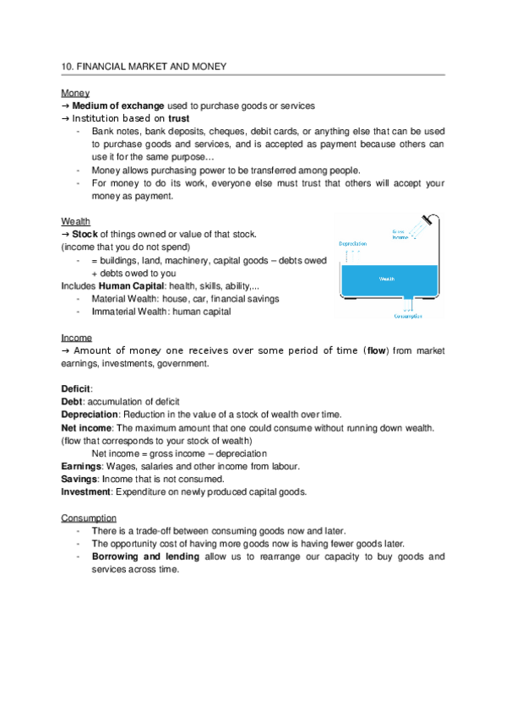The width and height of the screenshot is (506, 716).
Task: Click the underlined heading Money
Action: pyautogui.click(x=75, y=92)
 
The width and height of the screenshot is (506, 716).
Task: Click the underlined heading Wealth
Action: pyautogui.click(x=76, y=221)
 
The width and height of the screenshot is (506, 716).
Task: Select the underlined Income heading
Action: pyautogui.click(x=77, y=337)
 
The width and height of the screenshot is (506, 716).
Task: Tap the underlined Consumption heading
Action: pyautogui.click(x=89, y=517)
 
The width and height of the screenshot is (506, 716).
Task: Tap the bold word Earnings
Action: pyautogui.click(x=81, y=466)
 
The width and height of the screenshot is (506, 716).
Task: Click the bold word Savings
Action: pyautogui.click(x=79, y=479)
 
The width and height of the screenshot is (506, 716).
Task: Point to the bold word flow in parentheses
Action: pyautogui.click(x=376, y=350)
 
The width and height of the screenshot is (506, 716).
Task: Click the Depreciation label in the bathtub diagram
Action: pyautogui.click(x=352, y=243)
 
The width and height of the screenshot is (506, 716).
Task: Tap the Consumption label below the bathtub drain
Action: pyautogui.click(x=406, y=316)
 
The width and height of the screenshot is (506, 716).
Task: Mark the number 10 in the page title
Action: pyautogui.click(x=67, y=66)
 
